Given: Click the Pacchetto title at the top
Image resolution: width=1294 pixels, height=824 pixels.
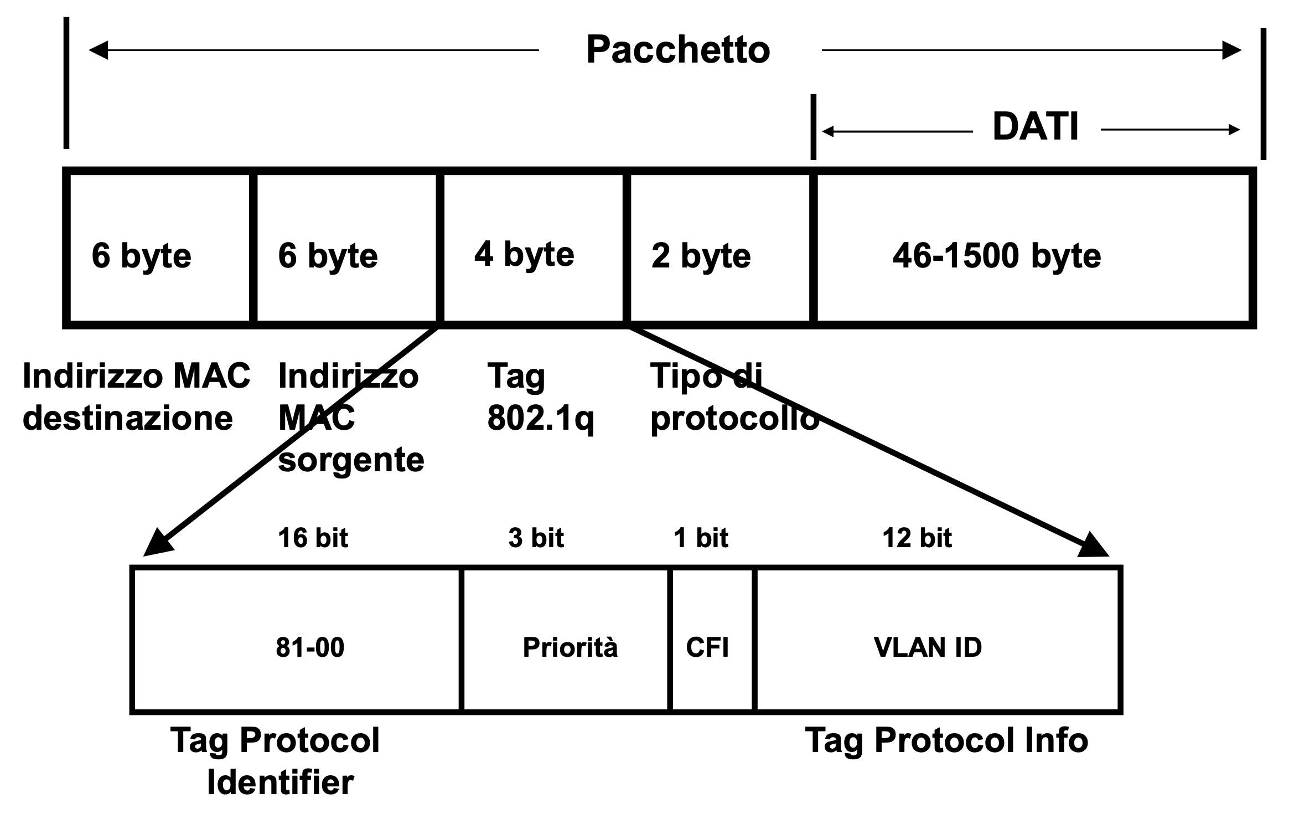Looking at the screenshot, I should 677,50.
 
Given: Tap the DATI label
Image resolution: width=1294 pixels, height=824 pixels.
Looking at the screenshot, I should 1035,127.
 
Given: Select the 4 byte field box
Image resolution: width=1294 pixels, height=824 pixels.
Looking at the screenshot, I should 532,248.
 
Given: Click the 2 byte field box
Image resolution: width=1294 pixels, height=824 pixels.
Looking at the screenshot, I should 718,248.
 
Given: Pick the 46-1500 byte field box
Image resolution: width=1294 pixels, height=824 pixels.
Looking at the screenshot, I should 1033,248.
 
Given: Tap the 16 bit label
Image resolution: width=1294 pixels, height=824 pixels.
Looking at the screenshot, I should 313,538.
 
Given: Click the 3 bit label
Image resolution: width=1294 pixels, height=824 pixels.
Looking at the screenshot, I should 536,538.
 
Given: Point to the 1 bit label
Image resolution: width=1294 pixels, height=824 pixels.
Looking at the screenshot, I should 701,538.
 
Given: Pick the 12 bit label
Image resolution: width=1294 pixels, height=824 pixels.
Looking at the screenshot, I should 917,538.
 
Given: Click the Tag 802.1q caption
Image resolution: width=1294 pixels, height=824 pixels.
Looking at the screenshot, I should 540,397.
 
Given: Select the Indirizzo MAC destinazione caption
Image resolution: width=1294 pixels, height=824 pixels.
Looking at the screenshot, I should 136,397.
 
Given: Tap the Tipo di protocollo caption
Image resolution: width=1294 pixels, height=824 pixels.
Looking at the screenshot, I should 734,397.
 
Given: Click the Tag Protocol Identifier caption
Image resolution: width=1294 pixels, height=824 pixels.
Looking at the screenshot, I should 276,761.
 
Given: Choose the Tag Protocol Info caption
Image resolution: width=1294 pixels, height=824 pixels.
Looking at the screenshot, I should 946,740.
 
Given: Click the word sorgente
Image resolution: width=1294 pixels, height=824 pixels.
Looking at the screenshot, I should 351,460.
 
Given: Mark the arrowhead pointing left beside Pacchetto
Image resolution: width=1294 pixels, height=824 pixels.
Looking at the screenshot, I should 99,50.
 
